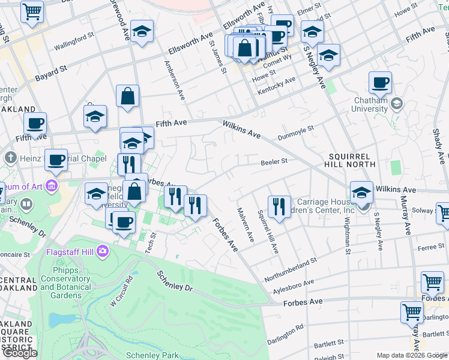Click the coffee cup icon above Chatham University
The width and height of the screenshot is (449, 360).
380,82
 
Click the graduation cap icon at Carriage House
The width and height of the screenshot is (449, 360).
362,193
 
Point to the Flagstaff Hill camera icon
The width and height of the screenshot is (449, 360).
103,250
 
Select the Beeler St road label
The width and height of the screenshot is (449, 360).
274,161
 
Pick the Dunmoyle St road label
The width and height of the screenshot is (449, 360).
296,133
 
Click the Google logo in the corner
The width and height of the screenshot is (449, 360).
20,353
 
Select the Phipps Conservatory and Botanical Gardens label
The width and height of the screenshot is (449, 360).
66,287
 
